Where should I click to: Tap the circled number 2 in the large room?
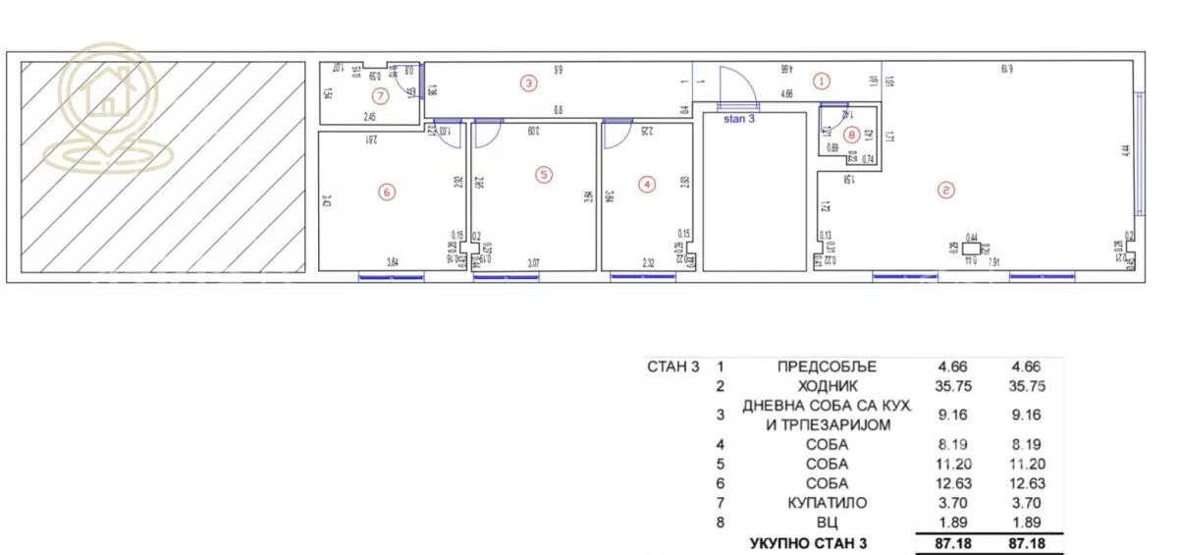[945, 191]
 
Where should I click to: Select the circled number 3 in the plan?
[529, 83]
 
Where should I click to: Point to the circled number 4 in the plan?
[645, 184]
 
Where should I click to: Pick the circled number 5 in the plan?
[544, 175]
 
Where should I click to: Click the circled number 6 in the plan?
[387, 193]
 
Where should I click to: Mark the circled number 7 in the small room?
[380, 95]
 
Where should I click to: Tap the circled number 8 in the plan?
[851, 136]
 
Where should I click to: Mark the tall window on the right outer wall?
[1139, 153]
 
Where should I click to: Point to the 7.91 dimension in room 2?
[994, 262]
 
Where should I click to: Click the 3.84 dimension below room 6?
[392, 262]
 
